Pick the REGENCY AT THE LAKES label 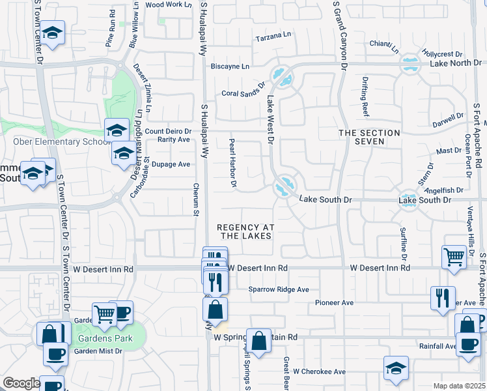[245, 231]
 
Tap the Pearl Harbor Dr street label [232, 163]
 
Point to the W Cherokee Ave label [319, 371]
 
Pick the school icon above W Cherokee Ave [396, 368]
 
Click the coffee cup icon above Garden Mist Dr [55, 353]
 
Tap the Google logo [21, 383]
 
